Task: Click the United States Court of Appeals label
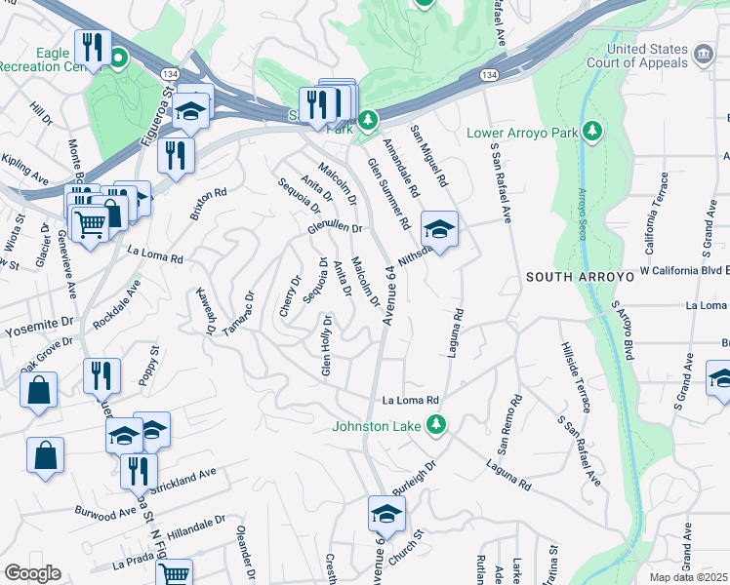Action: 647,58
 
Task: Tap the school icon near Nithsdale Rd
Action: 439,230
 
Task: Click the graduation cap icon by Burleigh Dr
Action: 386,514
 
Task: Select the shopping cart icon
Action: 90,224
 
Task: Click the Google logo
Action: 31,573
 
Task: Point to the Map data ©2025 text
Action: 688,577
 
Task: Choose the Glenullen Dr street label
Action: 335,228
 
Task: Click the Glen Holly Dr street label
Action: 326,345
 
